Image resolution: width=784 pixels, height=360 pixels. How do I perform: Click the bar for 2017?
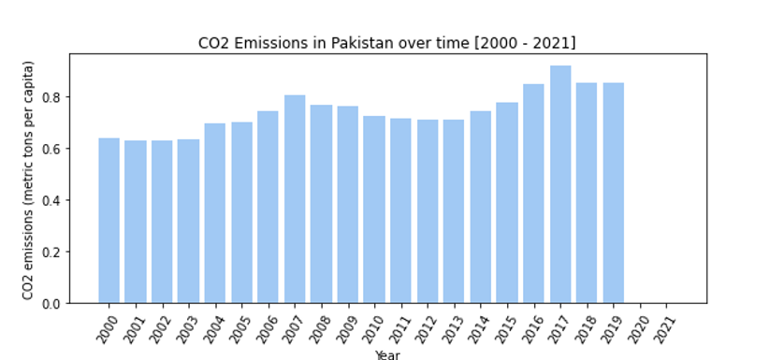(560, 184)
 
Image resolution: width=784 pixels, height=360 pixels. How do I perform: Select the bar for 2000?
(109, 221)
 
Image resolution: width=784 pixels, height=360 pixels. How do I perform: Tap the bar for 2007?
(295, 199)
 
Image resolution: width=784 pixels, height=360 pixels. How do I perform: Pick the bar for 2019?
(614, 193)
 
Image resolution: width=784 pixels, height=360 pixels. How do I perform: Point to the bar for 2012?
(428, 211)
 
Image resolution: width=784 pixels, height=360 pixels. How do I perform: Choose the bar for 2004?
(215, 213)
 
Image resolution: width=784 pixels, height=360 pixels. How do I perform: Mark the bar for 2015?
(507, 203)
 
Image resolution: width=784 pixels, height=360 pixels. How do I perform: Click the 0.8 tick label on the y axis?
(56, 97)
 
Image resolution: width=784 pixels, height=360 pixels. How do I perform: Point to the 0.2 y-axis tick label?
(56, 252)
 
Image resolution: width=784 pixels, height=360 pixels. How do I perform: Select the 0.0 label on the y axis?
(56, 304)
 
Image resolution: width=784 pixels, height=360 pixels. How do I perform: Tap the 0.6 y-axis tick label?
(56, 149)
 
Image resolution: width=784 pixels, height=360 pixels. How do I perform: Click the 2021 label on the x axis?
(665, 329)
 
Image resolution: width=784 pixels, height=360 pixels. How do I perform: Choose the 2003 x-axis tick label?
(187, 329)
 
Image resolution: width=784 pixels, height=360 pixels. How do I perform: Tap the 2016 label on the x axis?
(532, 329)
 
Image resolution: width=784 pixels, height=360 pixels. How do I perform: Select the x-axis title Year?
(387, 354)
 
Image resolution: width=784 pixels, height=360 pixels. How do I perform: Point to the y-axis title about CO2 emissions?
(28, 180)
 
